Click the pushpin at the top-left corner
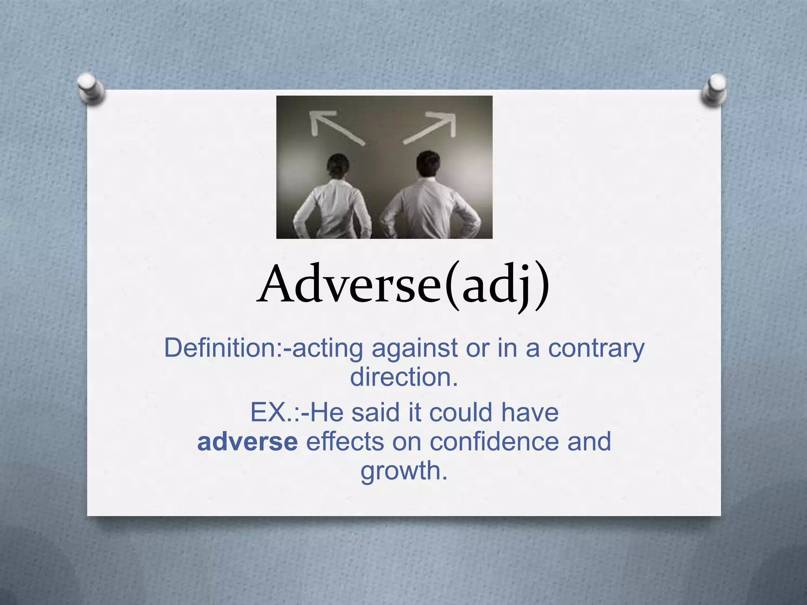(91, 87)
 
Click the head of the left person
(338, 165)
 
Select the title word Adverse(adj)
(403, 284)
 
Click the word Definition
(222, 348)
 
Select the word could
(460, 413)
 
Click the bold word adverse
(247, 442)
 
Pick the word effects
(344, 442)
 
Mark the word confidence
(494, 442)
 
